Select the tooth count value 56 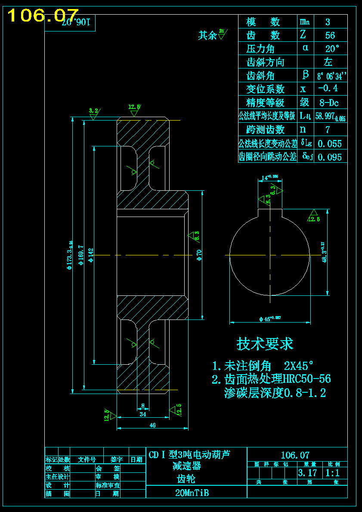click(x=330, y=35)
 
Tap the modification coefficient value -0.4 click(x=328, y=89)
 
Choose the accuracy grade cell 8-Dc click(x=329, y=103)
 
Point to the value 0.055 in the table click(x=329, y=143)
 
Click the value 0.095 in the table click(x=329, y=157)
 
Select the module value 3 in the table click(x=328, y=22)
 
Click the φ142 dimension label click(x=91, y=255)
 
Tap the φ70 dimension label click(x=199, y=255)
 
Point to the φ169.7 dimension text click(x=81, y=255)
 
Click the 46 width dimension click(x=152, y=425)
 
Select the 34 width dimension click(x=143, y=414)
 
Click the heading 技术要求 click(x=265, y=344)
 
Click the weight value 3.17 click(x=307, y=473)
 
